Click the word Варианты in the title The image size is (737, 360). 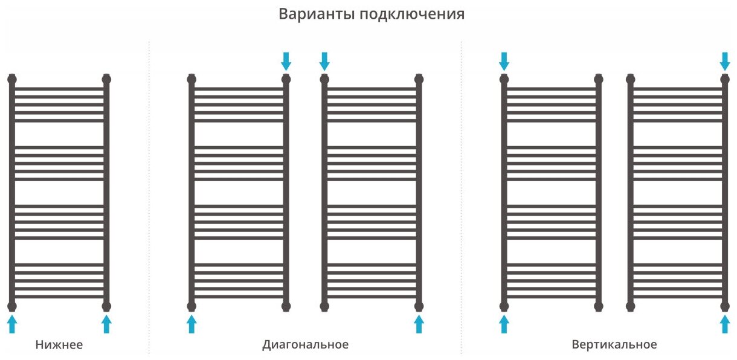pyautogui.click(x=316, y=14)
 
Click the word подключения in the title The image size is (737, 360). pyautogui.click(x=412, y=14)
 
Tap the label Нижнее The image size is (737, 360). pyautogui.click(x=59, y=345)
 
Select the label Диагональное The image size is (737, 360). pyautogui.click(x=305, y=345)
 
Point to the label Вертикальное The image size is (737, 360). pyautogui.click(x=614, y=345)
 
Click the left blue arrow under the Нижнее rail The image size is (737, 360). pyautogui.click(x=11, y=324)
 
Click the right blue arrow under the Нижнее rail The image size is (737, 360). pyautogui.click(x=107, y=324)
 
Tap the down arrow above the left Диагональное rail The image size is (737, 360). pyautogui.click(x=286, y=60)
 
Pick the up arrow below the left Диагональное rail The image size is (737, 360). pyautogui.click(x=191, y=324)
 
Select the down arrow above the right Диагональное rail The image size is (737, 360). pyautogui.click(x=324, y=60)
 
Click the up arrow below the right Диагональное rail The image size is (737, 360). pyautogui.click(x=419, y=324)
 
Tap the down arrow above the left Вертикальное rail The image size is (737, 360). pyautogui.click(x=504, y=60)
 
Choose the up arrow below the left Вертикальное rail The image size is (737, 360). pyautogui.click(x=504, y=324)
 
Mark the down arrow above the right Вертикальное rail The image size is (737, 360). pyautogui.click(x=726, y=60)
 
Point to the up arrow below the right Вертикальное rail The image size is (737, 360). pyautogui.click(x=726, y=324)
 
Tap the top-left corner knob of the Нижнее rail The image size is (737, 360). pyautogui.click(x=11, y=79)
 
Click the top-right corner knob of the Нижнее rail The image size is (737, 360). pyautogui.click(x=107, y=79)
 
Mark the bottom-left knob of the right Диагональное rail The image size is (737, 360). pyautogui.click(x=324, y=306)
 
